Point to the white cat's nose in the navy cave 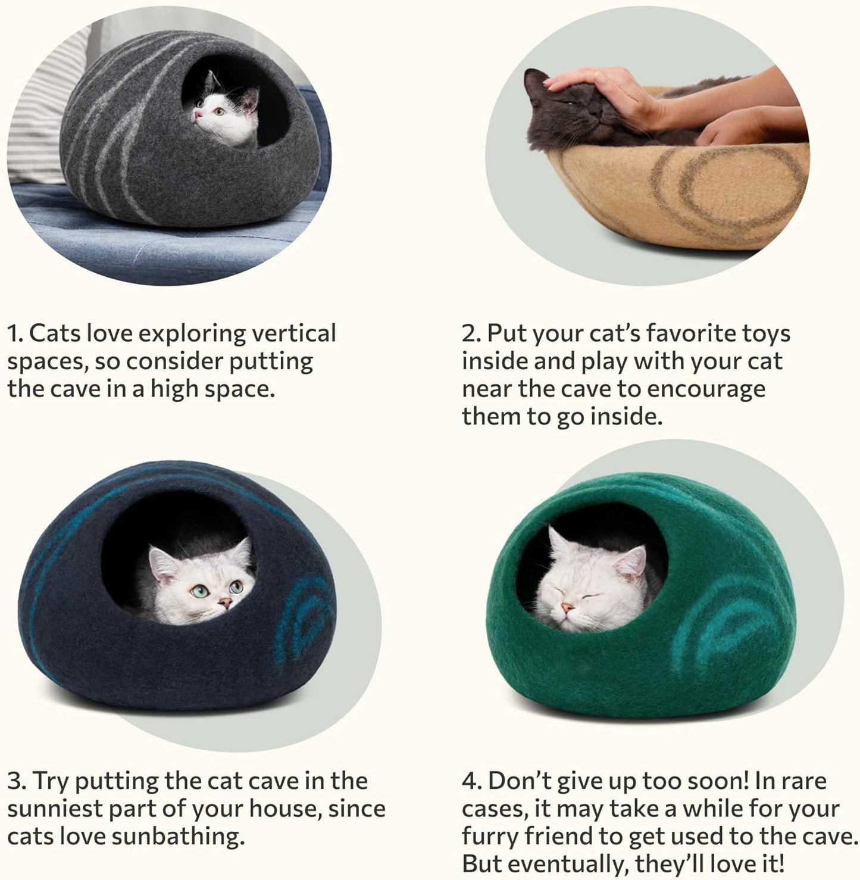pos(225,605)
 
